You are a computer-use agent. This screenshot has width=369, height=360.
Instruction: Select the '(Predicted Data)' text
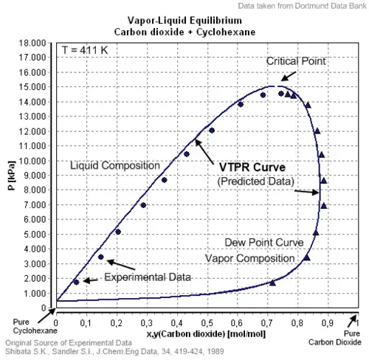pos(255,181)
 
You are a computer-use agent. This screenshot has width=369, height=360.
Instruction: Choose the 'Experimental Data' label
pos(147,277)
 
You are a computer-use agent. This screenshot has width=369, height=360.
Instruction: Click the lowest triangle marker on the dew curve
pos(272,283)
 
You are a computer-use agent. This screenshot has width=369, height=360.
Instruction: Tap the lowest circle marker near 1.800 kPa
pos(75,282)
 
